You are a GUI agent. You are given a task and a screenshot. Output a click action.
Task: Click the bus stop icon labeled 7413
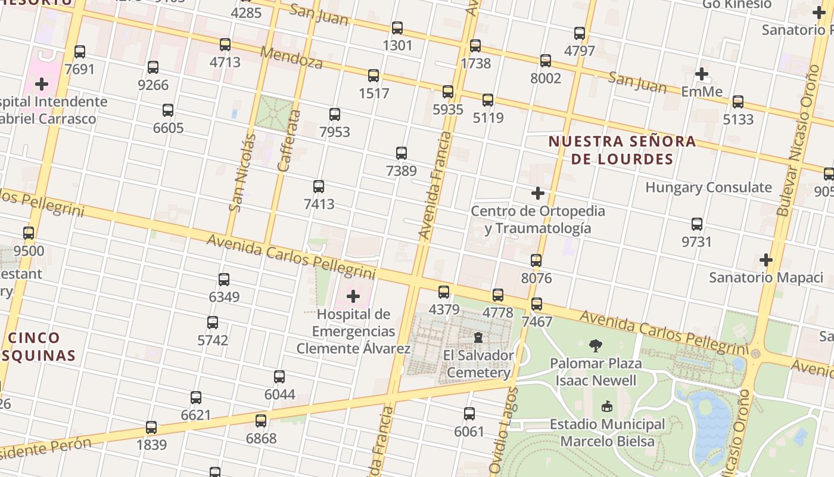319,187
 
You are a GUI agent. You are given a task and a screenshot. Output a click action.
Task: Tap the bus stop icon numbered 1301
397,28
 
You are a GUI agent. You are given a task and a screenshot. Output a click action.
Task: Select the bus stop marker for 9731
697,224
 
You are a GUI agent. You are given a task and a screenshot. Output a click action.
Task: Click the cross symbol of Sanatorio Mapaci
766,260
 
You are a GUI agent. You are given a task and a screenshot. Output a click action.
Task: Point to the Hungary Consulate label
708,188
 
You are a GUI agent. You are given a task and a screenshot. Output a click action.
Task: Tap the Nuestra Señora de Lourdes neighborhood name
622,150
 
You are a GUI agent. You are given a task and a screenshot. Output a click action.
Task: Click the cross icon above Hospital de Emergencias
353,296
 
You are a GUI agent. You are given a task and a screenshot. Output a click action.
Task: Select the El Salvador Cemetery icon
478,338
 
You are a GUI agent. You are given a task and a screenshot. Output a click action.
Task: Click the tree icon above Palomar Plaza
595,345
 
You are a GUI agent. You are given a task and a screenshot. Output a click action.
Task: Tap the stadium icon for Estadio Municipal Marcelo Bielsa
606,407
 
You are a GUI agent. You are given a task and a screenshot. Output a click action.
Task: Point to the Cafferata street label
288,140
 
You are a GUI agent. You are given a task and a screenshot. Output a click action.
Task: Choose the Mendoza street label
291,58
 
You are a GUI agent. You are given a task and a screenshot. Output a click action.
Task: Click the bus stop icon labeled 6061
469,414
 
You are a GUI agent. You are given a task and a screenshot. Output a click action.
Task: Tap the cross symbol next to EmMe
702,74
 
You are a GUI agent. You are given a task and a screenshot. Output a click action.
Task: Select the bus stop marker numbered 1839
151,428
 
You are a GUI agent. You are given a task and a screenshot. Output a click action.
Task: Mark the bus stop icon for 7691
80,52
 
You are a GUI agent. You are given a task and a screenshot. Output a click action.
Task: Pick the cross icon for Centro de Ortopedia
538,193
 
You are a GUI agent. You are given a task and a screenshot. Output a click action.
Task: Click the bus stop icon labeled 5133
738,102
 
